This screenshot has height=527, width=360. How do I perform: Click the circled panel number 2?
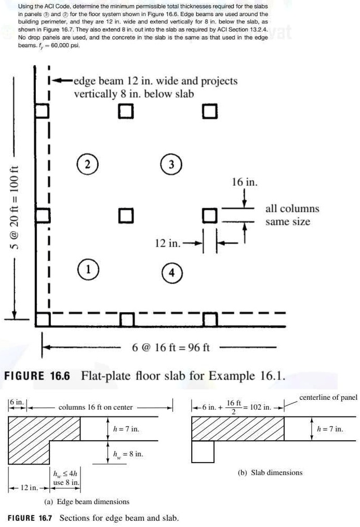click(x=88, y=164)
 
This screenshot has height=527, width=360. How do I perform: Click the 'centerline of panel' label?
click(x=328, y=398)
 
